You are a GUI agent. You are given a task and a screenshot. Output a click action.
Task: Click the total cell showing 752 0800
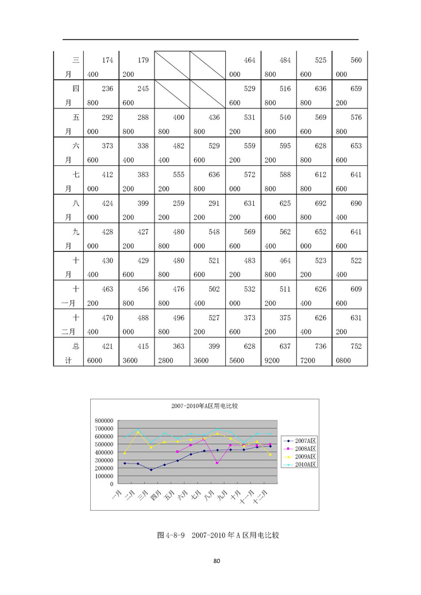(x=349, y=353)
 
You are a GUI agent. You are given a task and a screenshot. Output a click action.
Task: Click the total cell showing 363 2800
(x=172, y=353)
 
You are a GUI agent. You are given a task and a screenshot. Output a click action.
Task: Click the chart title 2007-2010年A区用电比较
(x=204, y=406)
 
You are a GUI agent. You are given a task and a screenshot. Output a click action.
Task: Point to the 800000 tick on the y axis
(x=103, y=421)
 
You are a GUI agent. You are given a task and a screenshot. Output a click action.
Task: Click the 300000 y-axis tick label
(x=103, y=460)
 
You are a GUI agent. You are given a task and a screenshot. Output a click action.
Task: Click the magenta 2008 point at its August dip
(x=217, y=463)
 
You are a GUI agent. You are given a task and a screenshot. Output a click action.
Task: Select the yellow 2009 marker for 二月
(x=138, y=432)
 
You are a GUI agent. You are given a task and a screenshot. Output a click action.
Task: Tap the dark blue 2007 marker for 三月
(x=151, y=470)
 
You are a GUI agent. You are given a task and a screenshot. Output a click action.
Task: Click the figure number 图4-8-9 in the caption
(x=170, y=535)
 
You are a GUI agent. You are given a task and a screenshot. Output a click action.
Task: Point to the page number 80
(x=217, y=561)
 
